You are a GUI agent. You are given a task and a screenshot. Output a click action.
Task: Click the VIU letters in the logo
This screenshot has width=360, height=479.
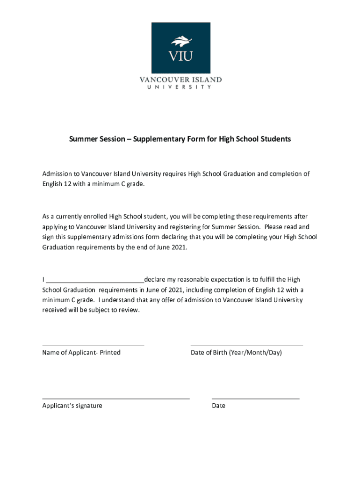(x=180, y=57)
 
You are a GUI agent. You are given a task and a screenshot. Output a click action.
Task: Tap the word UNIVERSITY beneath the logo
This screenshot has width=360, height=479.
(x=180, y=87)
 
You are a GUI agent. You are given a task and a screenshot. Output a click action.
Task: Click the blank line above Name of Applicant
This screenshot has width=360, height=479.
(x=93, y=345)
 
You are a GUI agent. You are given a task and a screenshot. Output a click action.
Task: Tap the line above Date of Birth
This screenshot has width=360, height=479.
(x=246, y=345)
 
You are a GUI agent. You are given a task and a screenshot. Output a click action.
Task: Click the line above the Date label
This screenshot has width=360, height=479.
(x=255, y=399)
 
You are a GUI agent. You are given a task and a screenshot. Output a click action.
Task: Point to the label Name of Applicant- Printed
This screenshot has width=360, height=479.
(x=81, y=352)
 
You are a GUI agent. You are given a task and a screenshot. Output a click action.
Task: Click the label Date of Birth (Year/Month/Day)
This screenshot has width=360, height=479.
(x=236, y=352)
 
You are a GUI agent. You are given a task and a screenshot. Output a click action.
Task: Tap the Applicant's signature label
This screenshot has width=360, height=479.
(x=72, y=406)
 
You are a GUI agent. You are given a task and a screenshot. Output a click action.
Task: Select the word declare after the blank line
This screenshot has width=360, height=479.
(x=155, y=280)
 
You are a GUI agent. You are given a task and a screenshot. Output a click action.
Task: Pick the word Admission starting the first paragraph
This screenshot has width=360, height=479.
(x=58, y=174)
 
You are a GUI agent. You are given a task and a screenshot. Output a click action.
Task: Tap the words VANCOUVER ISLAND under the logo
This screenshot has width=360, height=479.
(x=180, y=80)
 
